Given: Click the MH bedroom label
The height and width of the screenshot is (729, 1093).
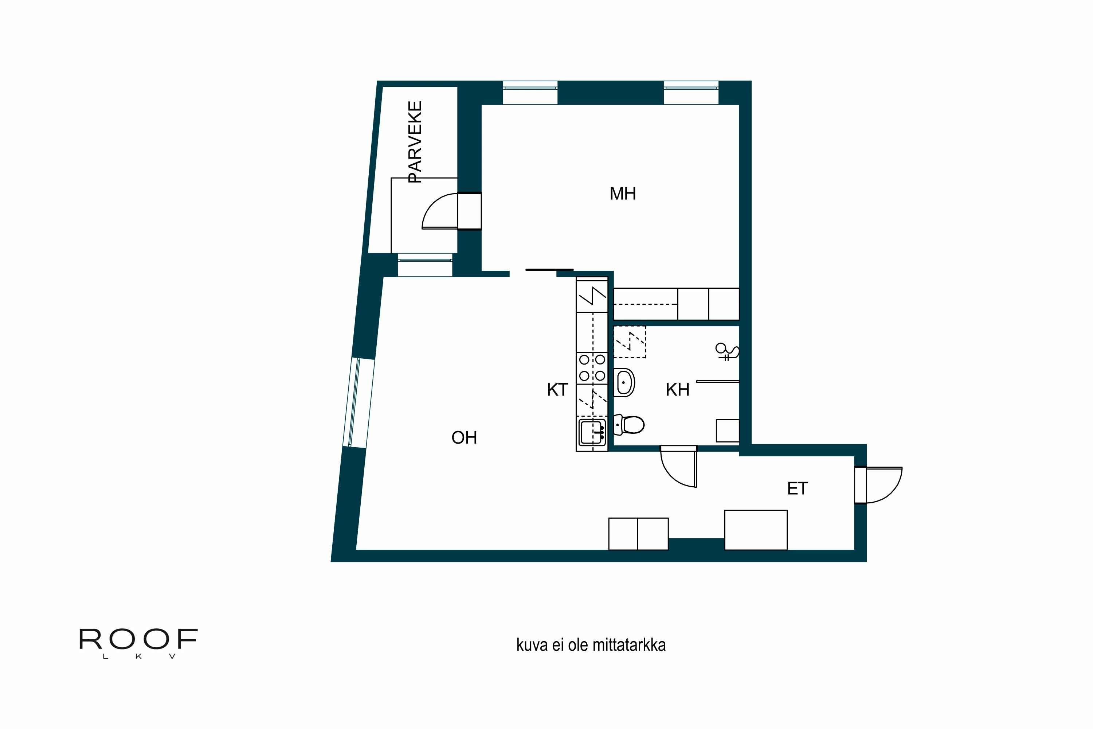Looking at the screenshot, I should tap(622, 194).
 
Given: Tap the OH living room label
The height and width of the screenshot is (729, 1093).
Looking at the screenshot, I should tap(464, 437).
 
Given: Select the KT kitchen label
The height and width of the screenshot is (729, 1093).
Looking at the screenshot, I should tap(557, 390).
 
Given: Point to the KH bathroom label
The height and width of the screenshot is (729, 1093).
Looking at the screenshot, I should tap(677, 390).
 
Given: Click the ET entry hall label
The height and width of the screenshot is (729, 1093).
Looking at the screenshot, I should tap(798, 489).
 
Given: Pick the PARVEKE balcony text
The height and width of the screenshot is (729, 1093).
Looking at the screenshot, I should tap(415, 142).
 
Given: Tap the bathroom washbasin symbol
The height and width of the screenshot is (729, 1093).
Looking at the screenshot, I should tap(624, 382).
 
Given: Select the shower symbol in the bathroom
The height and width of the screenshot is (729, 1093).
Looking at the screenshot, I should tap(727, 352).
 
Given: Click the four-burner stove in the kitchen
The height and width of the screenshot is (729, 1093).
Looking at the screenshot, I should tap(592, 367).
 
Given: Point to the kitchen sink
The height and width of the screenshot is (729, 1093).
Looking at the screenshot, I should tap(592, 432).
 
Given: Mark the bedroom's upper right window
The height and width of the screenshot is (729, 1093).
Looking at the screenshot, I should tap(691, 92).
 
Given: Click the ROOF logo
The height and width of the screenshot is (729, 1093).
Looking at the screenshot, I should tap(138, 642).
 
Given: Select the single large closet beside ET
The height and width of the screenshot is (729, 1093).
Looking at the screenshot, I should tap(756, 530).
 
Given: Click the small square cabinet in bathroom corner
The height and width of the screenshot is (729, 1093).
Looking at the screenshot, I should tap(727, 430).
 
